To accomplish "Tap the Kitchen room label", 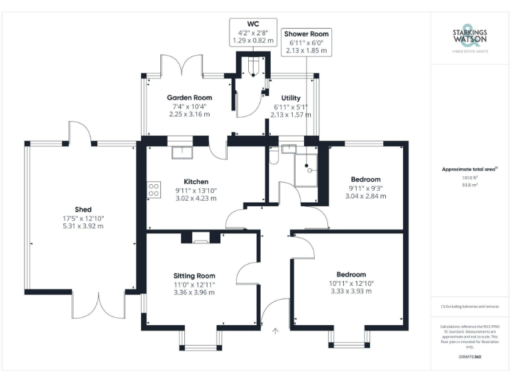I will [x=196, y=182].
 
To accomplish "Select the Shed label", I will [x=83, y=209].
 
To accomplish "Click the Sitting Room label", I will [x=194, y=275].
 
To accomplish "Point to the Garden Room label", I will [x=189, y=98].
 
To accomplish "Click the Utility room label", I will [x=291, y=98].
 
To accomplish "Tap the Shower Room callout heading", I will [x=306, y=34].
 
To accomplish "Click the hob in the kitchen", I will [x=154, y=189].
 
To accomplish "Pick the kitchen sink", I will [x=181, y=152].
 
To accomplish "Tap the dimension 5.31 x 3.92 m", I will [x=83, y=226].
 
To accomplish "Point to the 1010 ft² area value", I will [x=470, y=178].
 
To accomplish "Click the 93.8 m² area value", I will [x=470, y=186].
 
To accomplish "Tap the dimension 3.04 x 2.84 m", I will [x=365, y=196].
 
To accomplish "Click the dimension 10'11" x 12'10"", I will [x=351, y=283].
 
